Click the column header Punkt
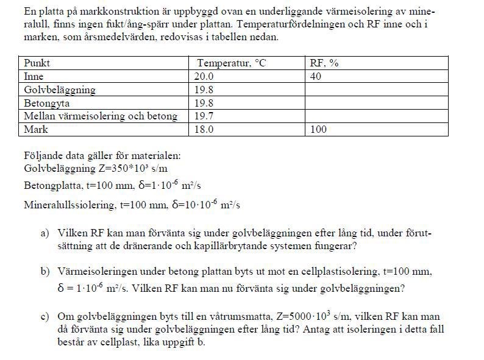click(37, 63)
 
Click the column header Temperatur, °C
click(232, 63)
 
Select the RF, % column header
click(324, 63)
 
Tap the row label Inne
click(34, 77)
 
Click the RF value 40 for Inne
click(316, 77)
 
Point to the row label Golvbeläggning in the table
click(59, 90)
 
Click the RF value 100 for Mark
click(318, 129)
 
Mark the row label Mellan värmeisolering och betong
click(101, 116)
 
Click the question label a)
click(45, 234)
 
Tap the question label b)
click(45, 271)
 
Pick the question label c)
click(45, 317)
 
